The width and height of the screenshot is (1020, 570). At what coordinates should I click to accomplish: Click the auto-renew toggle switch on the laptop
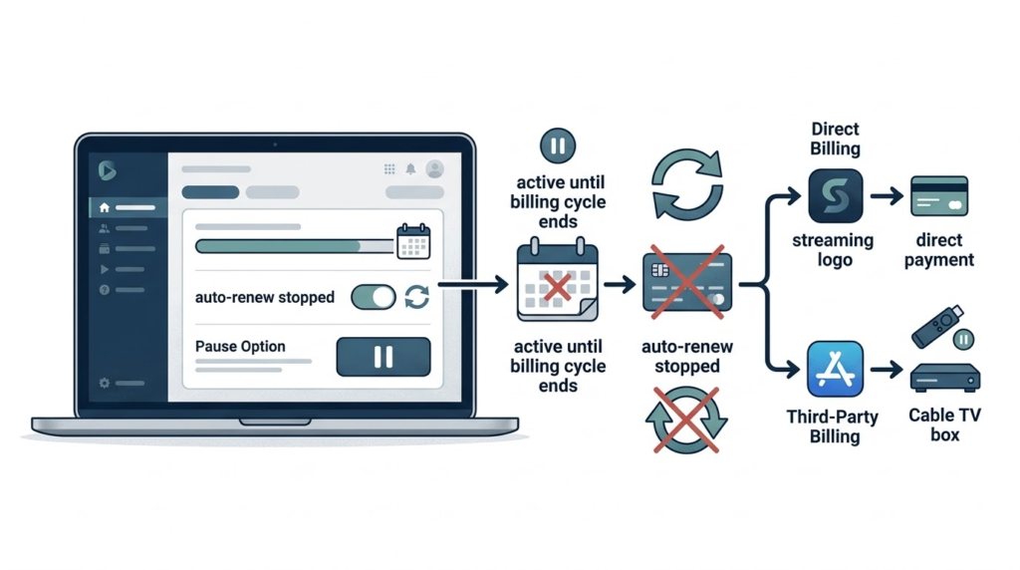coord(374,296)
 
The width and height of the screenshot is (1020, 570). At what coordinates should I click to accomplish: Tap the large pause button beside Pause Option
coord(383,357)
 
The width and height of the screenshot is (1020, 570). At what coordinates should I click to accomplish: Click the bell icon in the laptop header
coord(410,169)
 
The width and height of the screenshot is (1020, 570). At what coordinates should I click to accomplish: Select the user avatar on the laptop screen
coord(434,169)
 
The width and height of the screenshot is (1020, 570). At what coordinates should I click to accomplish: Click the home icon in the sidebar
coord(105,207)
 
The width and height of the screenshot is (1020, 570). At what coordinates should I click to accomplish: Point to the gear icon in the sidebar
coord(105,383)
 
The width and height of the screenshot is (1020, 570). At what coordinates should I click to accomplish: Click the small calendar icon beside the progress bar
coord(413,242)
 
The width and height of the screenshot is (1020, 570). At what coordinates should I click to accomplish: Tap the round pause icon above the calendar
coord(557,146)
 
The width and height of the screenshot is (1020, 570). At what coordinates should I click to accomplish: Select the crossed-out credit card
coord(686,285)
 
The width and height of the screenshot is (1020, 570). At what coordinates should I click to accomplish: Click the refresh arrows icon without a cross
coord(686,184)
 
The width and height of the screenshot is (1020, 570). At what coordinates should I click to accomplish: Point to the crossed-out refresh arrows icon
coord(686,420)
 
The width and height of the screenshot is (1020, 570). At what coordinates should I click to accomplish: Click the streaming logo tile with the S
coord(835,196)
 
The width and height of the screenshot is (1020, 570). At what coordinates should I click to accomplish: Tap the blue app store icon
coord(835,370)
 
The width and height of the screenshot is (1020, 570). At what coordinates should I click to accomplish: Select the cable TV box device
coord(944,378)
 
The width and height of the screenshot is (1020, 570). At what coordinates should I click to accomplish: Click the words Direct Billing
coord(835,139)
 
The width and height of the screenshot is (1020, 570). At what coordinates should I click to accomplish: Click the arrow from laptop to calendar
coord(473,286)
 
